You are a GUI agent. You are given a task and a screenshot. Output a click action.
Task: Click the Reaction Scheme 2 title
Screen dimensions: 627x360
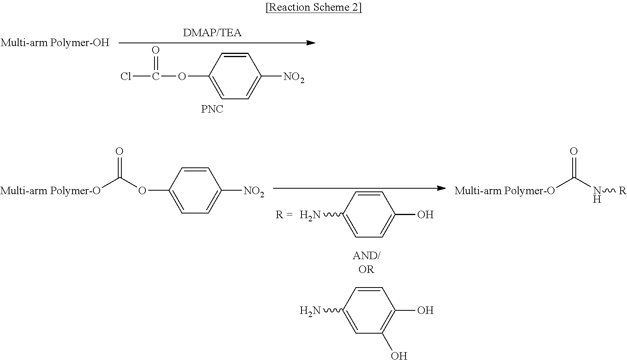point(314,7)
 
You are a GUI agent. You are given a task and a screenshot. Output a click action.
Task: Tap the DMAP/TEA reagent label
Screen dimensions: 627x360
point(212,33)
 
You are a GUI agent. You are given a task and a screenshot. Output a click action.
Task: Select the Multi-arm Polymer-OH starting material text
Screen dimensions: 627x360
point(55,43)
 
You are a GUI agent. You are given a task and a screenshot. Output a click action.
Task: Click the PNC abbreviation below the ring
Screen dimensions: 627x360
point(212,109)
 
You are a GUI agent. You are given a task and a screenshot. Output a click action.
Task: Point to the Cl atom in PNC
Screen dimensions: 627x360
point(126,76)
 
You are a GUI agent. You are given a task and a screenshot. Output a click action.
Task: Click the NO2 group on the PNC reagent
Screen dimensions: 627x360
point(294,77)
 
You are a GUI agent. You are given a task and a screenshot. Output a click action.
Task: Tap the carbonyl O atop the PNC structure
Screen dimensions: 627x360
point(156,50)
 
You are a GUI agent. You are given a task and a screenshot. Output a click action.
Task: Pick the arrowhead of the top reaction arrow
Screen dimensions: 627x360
point(311,43)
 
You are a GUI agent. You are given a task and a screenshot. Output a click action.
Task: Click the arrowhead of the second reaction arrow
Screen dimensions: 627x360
point(441,188)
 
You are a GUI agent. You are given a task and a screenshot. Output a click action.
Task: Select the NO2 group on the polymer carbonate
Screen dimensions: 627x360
point(254,191)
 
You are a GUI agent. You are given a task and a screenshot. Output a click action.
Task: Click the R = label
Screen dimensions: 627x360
point(284,215)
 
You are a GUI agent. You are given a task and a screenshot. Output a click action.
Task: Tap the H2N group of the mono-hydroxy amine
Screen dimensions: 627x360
point(310,215)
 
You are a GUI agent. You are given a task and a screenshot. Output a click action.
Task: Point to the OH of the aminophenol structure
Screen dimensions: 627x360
point(425,215)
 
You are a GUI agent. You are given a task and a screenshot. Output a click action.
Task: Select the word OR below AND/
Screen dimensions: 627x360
point(367,269)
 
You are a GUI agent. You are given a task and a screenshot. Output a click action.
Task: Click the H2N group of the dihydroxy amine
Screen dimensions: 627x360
point(310,311)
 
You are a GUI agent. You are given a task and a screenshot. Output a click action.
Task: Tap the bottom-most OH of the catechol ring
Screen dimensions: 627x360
point(399,356)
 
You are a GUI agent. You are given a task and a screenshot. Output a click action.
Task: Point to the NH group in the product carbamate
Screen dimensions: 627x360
point(597,195)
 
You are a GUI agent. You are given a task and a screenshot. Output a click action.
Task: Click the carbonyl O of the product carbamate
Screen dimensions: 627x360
point(574,151)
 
